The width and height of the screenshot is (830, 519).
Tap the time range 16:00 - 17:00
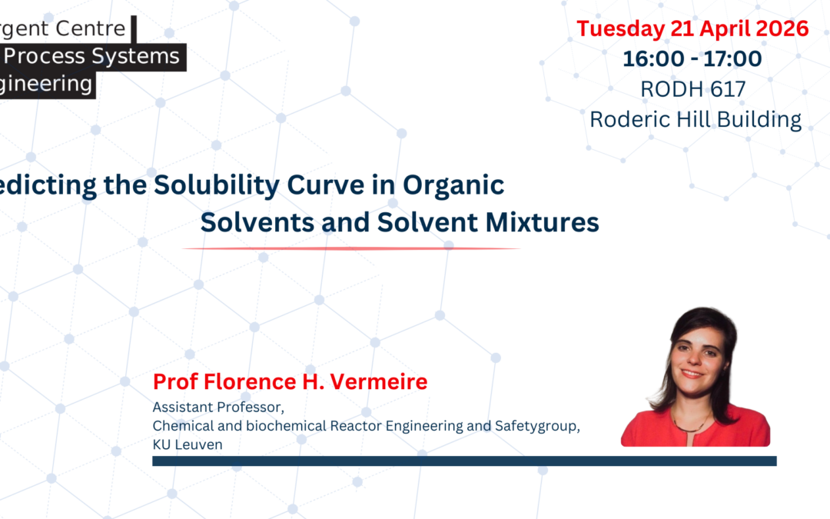pyautogui.click(x=692, y=58)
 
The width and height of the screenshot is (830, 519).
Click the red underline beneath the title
pyautogui.click(x=351, y=248)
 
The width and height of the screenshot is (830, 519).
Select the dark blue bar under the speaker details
pyautogui.click(x=464, y=461)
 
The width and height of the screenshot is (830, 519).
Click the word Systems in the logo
pyautogui.click(x=140, y=56)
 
